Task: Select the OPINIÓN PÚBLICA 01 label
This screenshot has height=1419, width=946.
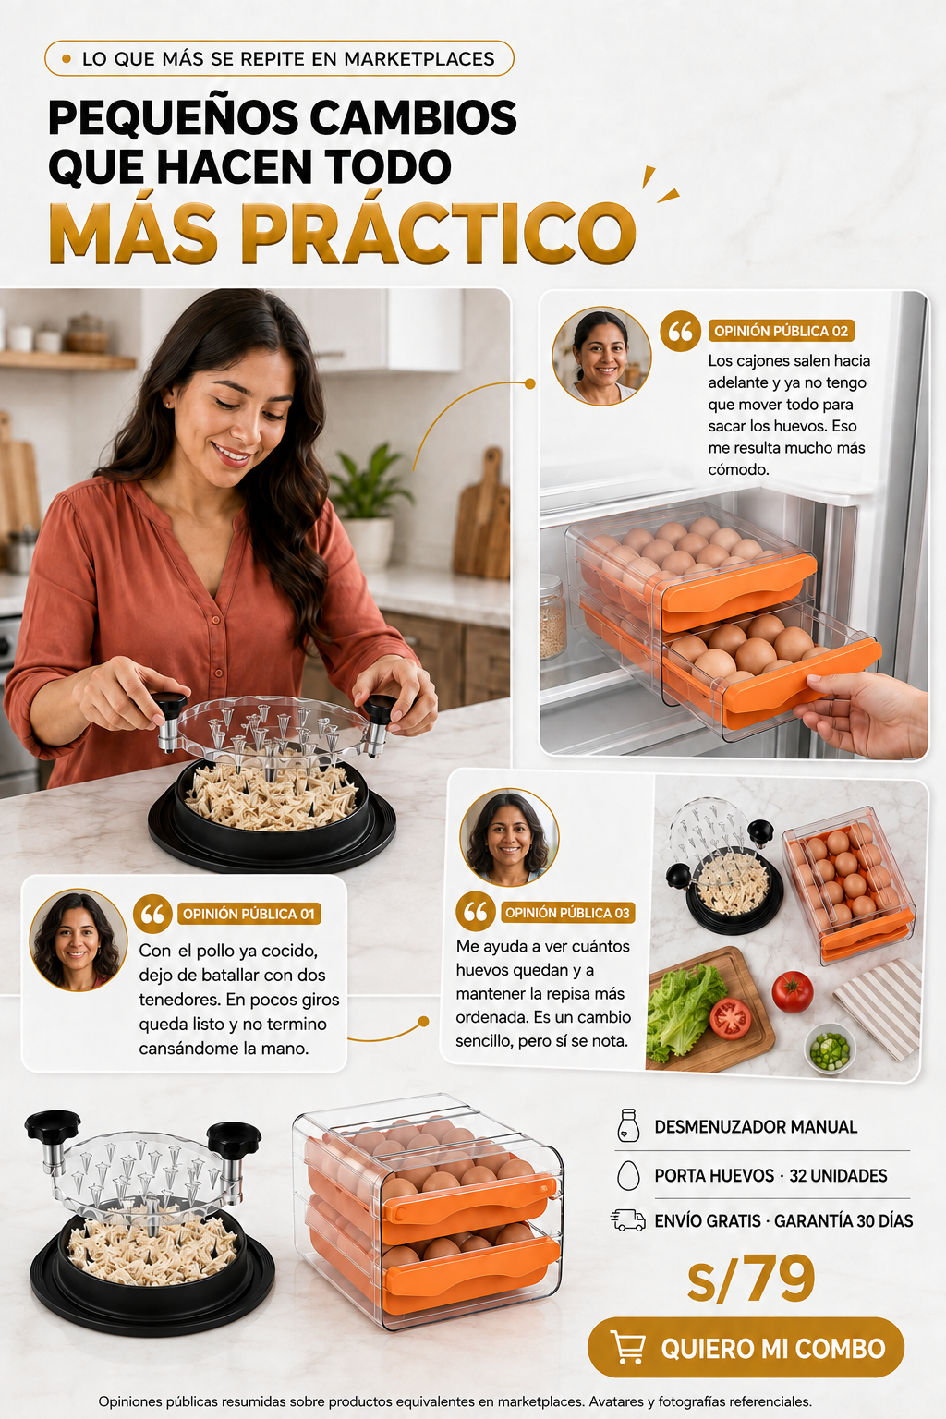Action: click(249, 914)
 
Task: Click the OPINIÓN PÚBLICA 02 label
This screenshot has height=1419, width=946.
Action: click(781, 331)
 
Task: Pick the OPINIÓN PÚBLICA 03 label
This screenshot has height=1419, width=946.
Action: click(568, 912)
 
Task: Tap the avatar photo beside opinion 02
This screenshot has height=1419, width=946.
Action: click(601, 356)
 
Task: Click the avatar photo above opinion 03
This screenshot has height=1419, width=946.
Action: click(509, 838)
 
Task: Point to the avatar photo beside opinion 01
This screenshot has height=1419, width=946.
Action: click(79, 940)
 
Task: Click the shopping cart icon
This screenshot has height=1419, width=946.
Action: click(628, 1347)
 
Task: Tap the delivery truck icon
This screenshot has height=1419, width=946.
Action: click(628, 1220)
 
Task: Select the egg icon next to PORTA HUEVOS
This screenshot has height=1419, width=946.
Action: click(628, 1175)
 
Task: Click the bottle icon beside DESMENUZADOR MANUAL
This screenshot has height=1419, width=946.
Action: click(628, 1126)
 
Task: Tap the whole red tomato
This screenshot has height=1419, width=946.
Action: click(792, 991)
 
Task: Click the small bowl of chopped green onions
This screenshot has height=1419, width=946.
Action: click(830, 1049)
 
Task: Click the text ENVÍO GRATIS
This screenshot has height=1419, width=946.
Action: click(707, 1220)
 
